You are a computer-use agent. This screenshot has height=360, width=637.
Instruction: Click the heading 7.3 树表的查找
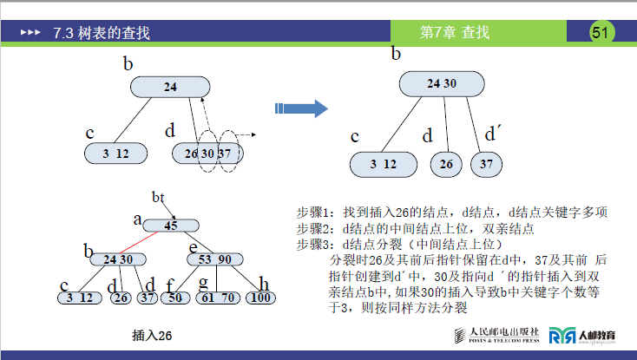click(x=102, y=34)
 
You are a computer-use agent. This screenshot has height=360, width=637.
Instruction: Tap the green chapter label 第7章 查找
click(x=455, y=33)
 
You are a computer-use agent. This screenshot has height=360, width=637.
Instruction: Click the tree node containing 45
click(x=170, y=226)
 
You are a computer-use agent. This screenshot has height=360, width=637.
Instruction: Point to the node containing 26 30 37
click(x=207, y=153)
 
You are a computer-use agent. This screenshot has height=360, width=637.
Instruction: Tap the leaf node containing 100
click(x=259, y=298)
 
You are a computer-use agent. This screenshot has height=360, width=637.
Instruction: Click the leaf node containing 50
click(x=174, y=298)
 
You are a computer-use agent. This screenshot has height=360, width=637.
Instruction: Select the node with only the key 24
click(x=170, y=87)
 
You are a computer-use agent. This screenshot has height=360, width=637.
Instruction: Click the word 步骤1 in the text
click(x=310, y=213)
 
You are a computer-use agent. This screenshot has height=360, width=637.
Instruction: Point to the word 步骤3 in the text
click(x=310, y=245)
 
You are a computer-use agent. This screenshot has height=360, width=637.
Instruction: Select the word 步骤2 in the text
click(x=310, y=229)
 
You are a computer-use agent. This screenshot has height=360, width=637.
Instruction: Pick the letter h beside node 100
click(x=263, y=283)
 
